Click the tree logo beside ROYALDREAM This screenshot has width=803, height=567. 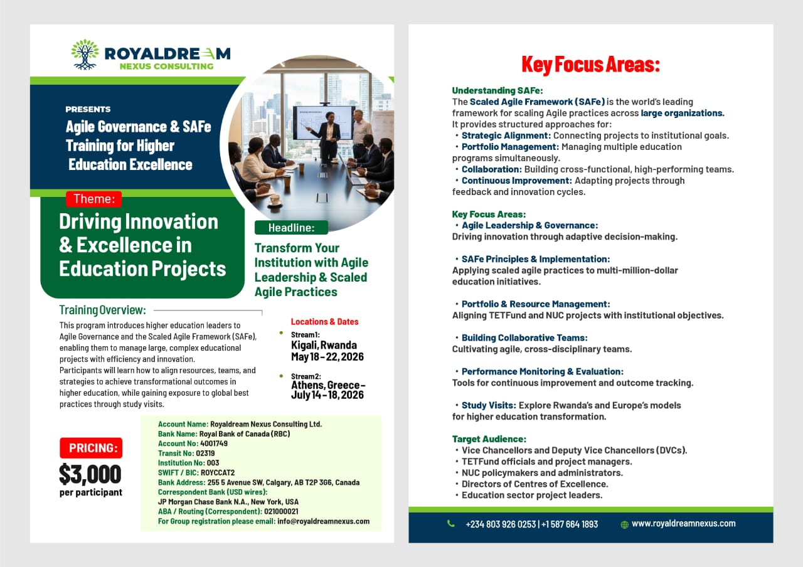(85, 54)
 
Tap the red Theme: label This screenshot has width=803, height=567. (94, 199)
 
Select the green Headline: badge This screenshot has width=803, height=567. (291, 228)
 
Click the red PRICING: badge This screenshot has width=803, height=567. (91, 448)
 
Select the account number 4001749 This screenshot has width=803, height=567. (214, 443)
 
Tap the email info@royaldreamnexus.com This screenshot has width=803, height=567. (323, 521)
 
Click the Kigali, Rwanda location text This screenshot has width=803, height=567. (324, 345)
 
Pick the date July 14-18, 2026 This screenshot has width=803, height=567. (327, 395)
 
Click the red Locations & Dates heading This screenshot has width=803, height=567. (324, 322)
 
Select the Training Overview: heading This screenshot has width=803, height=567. (102, 310)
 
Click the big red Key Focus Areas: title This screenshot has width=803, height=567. (590, 65)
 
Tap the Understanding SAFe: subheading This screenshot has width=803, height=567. (497, 90)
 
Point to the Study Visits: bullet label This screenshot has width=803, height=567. (489, 405)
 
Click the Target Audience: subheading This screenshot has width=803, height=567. (489, 439)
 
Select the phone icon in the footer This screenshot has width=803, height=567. (451, 524)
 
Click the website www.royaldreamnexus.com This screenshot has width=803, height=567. (683, 524)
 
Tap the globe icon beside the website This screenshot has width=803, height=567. (624, 525)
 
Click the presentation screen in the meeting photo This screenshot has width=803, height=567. (322, 122)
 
